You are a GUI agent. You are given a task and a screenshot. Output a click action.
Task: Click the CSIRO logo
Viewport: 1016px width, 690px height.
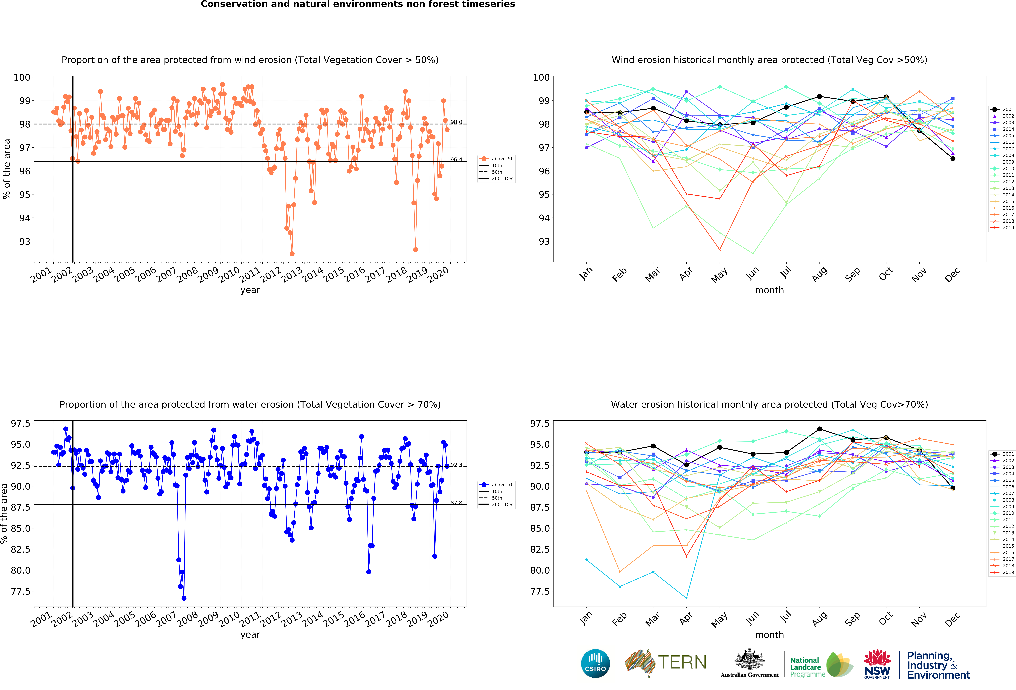(595, 663)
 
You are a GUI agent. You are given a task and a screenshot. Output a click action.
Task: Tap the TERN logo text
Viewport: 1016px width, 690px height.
(682, 662)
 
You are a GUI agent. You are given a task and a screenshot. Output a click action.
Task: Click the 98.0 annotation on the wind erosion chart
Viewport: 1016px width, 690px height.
(456, 122)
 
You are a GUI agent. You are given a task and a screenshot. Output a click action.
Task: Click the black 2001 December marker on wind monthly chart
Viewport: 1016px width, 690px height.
(953, 159)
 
